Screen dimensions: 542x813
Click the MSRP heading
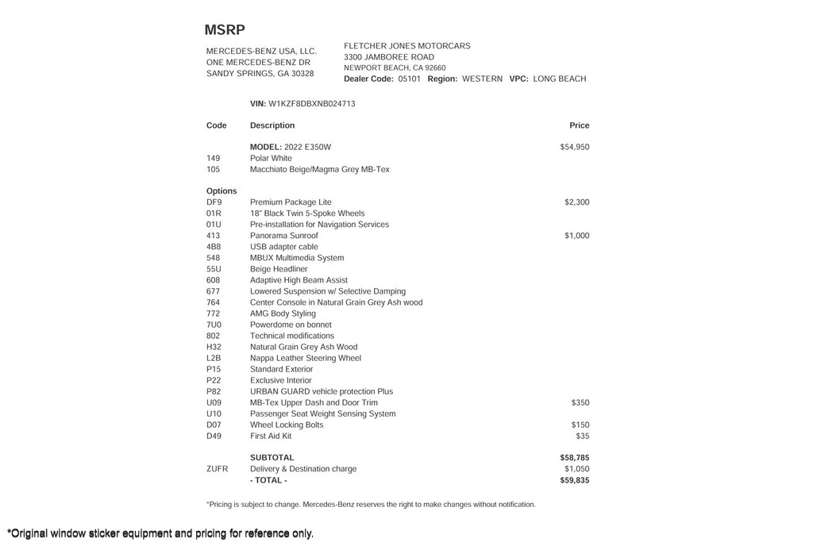[x=225, y=30]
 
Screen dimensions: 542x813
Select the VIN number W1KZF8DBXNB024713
[x=312, y=104]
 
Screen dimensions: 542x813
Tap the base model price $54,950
[x=574, y=147]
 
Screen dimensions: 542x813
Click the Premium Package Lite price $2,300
[x=576, y=202]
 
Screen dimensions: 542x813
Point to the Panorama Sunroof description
[x=283, y=236]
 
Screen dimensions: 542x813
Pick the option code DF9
[x=214, y=202]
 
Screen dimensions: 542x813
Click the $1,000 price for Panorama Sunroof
[x=576, y=236]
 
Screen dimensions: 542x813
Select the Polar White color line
[x=271, y=158]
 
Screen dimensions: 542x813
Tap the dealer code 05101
[x=409, y=79]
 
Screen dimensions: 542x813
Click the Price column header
[x=579, y=125]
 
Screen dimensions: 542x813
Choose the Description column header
[x=272, y=125]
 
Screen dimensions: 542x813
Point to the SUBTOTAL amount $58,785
[x=574, y=458]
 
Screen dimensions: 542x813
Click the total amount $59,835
[x=574, y=480]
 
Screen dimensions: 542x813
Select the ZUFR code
[x=217, y=469]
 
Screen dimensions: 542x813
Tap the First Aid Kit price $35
[x=582, y=436]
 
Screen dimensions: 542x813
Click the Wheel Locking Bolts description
[x=287, y=425]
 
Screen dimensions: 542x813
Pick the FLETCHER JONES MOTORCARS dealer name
[x=406, y=46]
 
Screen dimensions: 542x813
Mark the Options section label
[x=222, y=191]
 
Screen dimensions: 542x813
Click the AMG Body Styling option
[x=283, y=313]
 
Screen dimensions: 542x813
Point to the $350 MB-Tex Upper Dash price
[x=580, y=402]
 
